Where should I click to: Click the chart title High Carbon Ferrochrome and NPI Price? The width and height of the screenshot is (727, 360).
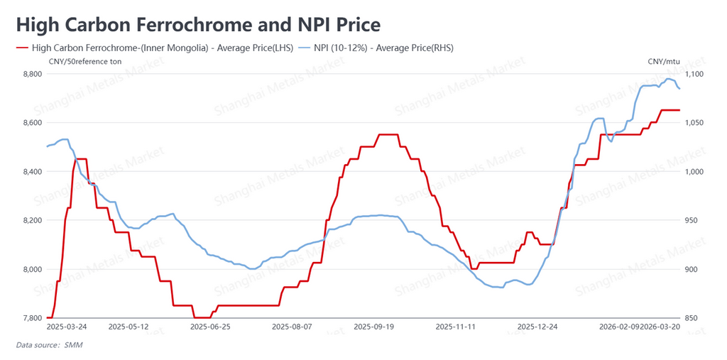(198, 25)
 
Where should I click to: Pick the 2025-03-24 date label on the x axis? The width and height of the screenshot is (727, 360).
(67, 327)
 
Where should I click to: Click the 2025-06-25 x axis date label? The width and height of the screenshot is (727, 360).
(211, 327)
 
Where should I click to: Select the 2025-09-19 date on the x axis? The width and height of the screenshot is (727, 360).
(373, 327)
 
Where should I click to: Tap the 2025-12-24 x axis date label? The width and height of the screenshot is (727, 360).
(537, 327)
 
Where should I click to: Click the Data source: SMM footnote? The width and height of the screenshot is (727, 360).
(50, 345)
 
